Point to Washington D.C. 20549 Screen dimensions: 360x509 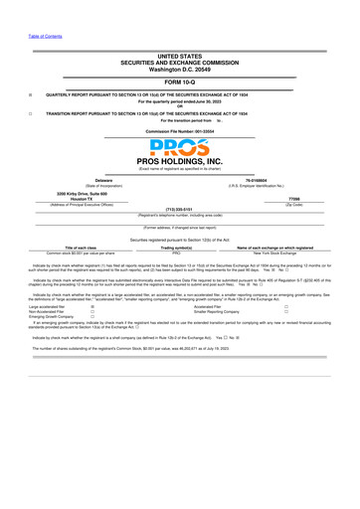coord(179,71)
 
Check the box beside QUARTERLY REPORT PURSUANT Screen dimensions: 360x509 coord(30,95)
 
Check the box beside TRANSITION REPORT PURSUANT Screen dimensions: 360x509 coord(30,113)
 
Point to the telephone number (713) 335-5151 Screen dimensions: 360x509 coord(179,210)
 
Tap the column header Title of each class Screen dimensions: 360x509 coord(81,249)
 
